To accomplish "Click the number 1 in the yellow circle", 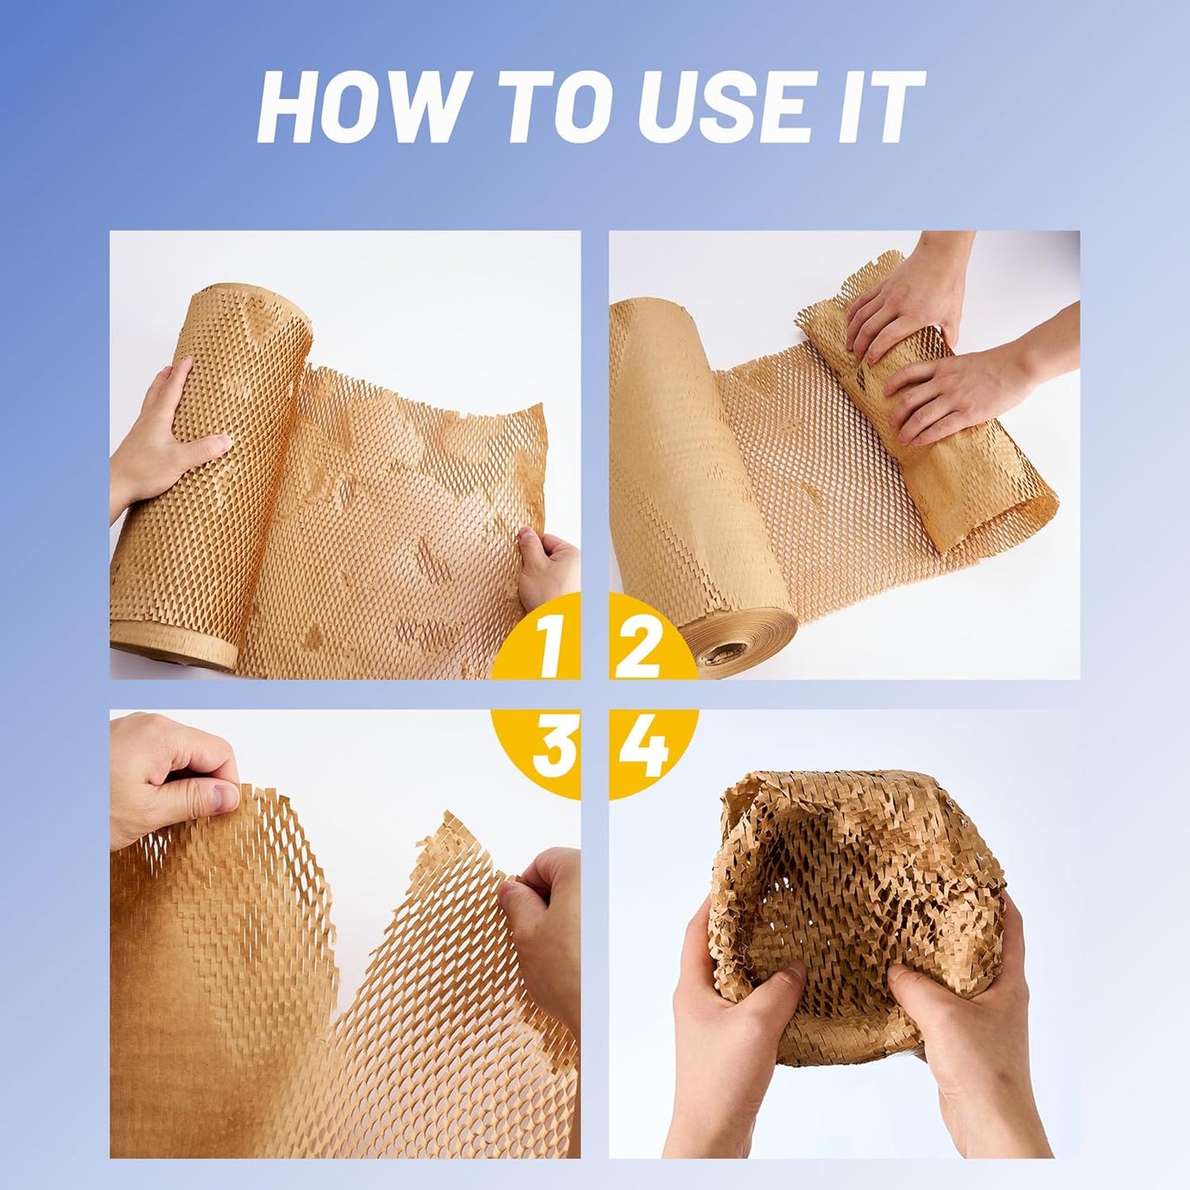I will point(550,646).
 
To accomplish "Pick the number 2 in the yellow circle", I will point(638,646).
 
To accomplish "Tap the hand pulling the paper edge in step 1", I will point(550,568).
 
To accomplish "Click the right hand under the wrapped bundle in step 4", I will point(964,1029).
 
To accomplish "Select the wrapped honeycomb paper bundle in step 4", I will point(856,889).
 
